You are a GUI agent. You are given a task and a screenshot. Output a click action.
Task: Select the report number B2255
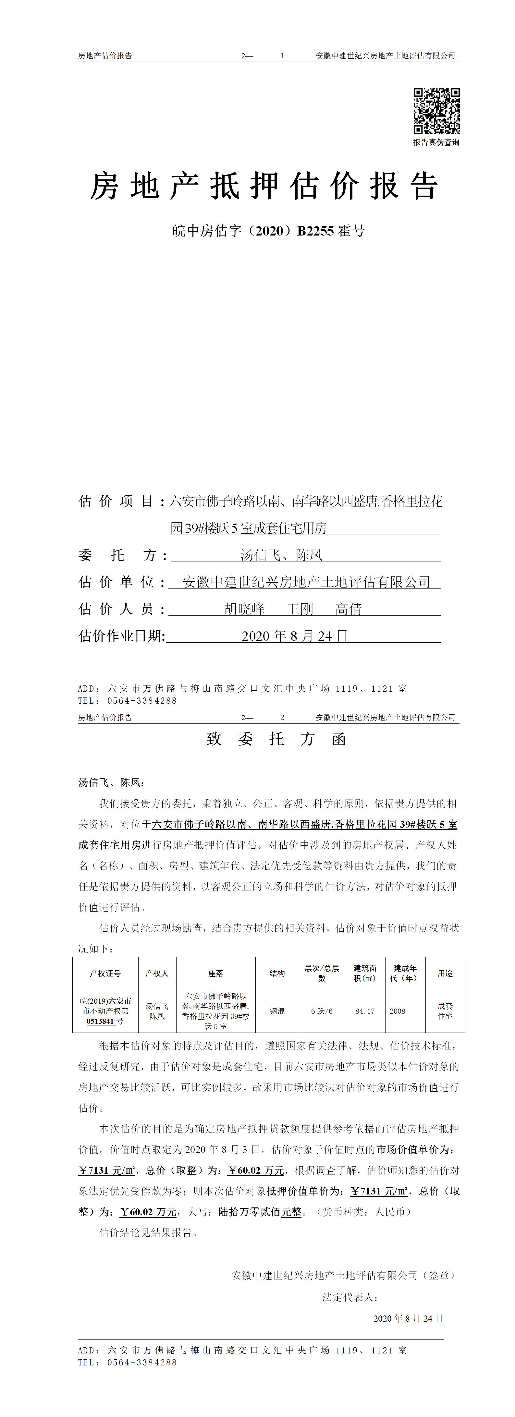tap(315, 231)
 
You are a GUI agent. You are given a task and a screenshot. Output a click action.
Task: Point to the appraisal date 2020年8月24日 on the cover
tap(295, 636)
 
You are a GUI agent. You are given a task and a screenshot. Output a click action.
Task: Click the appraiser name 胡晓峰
tap(245, 609)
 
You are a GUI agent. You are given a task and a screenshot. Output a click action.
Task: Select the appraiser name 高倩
tap(349, 609)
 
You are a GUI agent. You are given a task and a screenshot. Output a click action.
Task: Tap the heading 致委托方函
tap(276, 739)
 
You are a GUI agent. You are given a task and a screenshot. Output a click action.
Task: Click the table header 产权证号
tap(105, 974)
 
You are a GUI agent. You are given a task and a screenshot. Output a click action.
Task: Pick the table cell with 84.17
tap(365, 1011)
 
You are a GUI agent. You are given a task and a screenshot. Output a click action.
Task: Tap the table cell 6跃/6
tap(322, 1011)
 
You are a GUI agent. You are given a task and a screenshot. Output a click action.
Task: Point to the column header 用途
tap(445, 974)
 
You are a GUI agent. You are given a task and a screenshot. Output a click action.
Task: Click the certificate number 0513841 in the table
tap(100, 1021)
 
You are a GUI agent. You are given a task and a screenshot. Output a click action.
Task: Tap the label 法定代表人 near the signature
tap(349, 1297)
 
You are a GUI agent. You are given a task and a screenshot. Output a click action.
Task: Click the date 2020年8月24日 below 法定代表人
tap(408, 1318)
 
